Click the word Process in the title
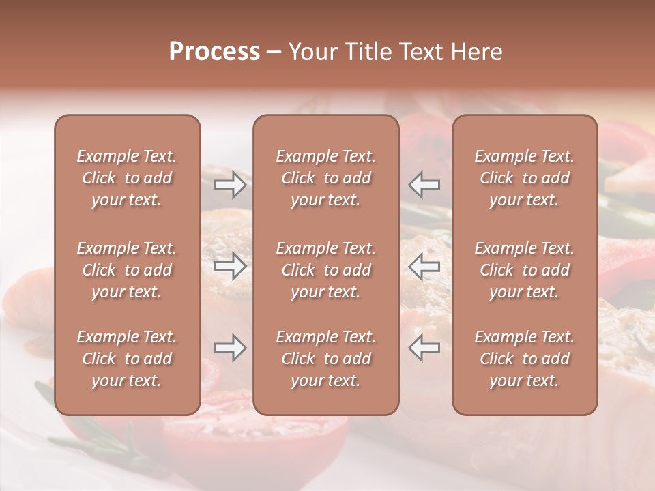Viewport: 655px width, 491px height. click(x=214, y=52)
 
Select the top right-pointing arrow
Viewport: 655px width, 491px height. click(x=231, y=185)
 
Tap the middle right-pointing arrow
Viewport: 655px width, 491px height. click(x=231, y=266)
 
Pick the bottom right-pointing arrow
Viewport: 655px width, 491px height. click(x=231, y=348)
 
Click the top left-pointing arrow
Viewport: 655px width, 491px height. click(x=424, y=185)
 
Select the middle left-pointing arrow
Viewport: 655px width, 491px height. click(x=424, y=266)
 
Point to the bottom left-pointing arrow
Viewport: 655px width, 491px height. click(x=424, y=348)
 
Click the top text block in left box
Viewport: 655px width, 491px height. click(x=127, y=178)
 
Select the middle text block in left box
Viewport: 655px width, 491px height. click(x=127, y=270)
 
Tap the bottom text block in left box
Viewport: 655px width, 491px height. click(x=127, y=359)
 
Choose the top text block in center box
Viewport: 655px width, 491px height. click(x=326, y=178)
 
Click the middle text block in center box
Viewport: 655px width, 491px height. click(x=326, y=270)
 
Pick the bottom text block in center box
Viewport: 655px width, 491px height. click(x=326, y=359)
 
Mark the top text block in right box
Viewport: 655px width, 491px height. click(x=525, y=178)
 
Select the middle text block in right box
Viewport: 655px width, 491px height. click(x=525, y=270)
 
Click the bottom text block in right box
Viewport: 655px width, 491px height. click(x=525, y=359)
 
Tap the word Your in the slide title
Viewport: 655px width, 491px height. click(x=311, y=52)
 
